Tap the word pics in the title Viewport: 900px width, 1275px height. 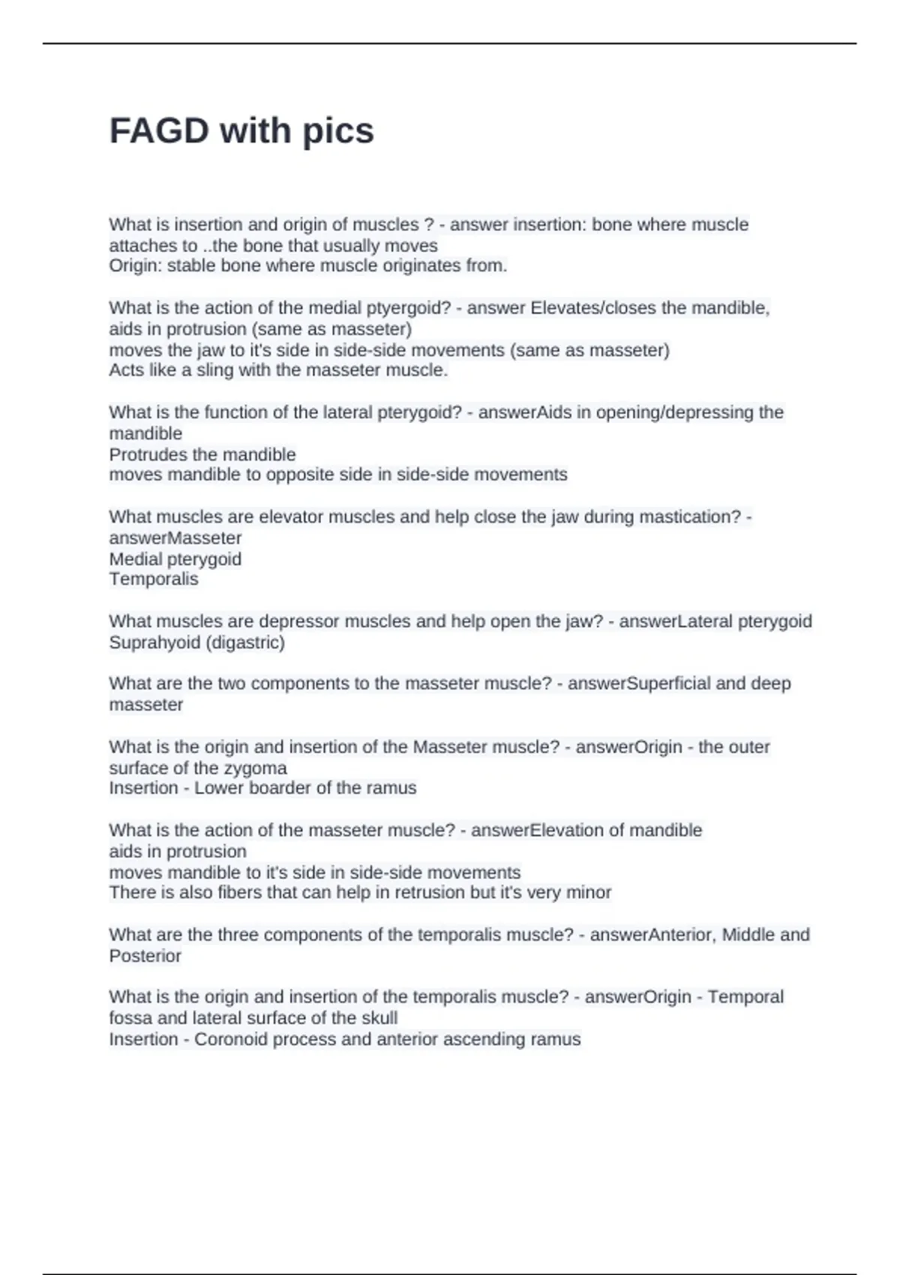tap(337, 131)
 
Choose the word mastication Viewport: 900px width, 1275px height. tap(689, 517)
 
